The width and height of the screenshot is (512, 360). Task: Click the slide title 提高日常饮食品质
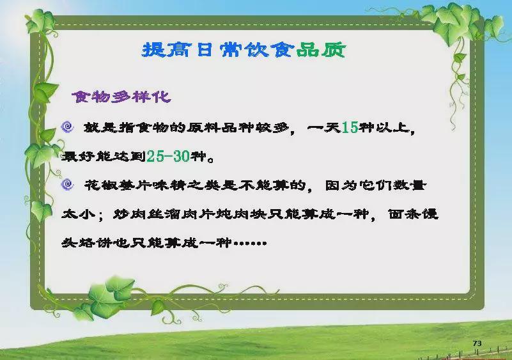244,50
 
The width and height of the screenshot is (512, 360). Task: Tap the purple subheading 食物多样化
121,97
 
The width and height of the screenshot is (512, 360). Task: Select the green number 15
350,127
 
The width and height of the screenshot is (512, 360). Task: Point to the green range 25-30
168,156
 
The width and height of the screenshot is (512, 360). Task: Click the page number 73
477,343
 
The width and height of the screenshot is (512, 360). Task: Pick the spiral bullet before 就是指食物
68,127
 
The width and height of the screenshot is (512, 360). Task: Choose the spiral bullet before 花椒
67,185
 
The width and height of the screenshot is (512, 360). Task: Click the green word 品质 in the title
321,50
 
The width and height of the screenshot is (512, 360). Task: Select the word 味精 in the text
170,185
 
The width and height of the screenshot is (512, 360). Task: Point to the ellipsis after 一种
251,243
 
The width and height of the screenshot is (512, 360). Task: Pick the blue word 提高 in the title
166,50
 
